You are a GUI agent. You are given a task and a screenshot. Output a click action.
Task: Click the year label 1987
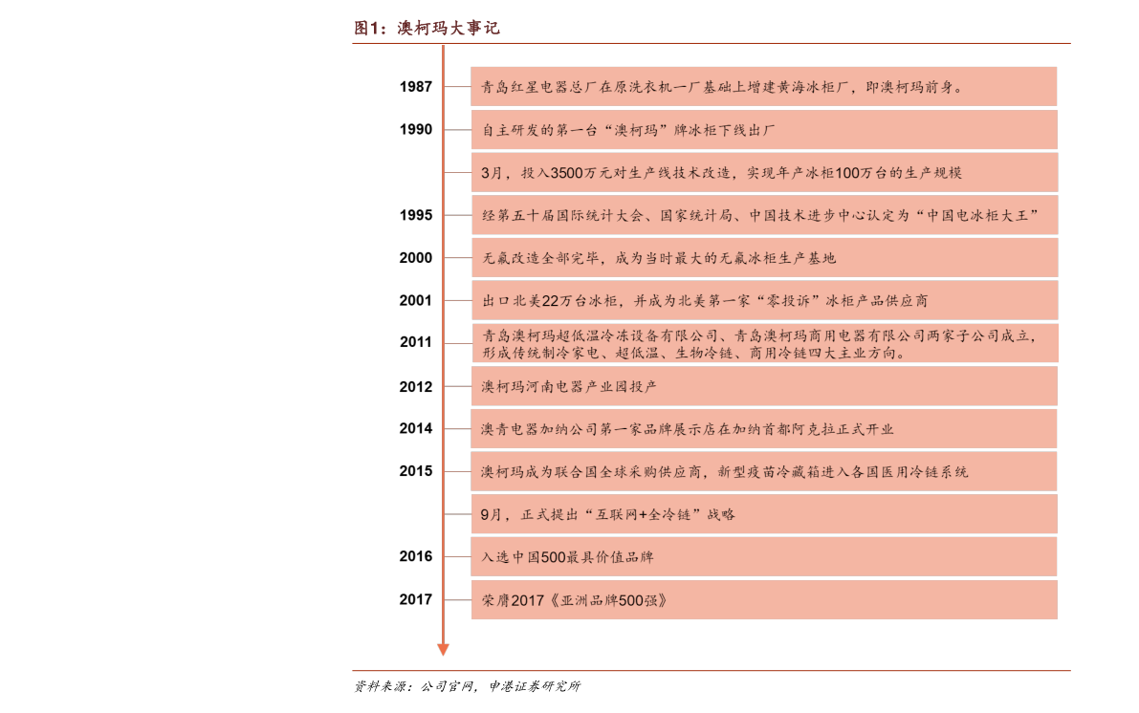click(x=415, y=87)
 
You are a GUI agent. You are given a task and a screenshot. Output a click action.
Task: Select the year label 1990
click(x=415, y=130)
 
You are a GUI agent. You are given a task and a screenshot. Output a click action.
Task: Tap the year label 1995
click(x=415, y=216)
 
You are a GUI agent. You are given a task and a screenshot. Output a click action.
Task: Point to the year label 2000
click(x=415, y=258)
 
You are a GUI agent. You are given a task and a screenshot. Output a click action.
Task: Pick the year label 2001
click(x=415, y=301)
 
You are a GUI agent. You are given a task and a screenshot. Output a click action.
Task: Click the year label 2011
click(x=415, y=343)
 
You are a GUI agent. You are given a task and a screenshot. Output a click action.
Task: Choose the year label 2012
click(x=415, y=387)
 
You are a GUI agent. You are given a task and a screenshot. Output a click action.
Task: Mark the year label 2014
click(x=415, y=429)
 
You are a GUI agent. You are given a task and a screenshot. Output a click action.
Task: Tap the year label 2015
click(x=415, y=471)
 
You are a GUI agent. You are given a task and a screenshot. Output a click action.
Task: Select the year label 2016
click(x=415, y=557)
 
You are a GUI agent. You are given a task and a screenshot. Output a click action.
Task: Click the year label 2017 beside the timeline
click(x=415, y=599)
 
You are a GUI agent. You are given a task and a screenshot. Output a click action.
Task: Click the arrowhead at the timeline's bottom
click(x=443, y=650)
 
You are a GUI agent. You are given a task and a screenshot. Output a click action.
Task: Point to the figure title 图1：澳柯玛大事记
click(x=427, y=29)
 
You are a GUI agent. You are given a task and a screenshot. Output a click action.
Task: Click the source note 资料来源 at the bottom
click(x=467, y=686)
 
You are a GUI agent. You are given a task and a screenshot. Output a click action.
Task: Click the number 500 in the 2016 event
click(x=553, y=557)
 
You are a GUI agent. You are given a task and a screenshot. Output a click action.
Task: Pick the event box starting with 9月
click(x=764, y=515)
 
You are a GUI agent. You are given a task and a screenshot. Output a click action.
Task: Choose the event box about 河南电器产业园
click(x=764, y=386)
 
